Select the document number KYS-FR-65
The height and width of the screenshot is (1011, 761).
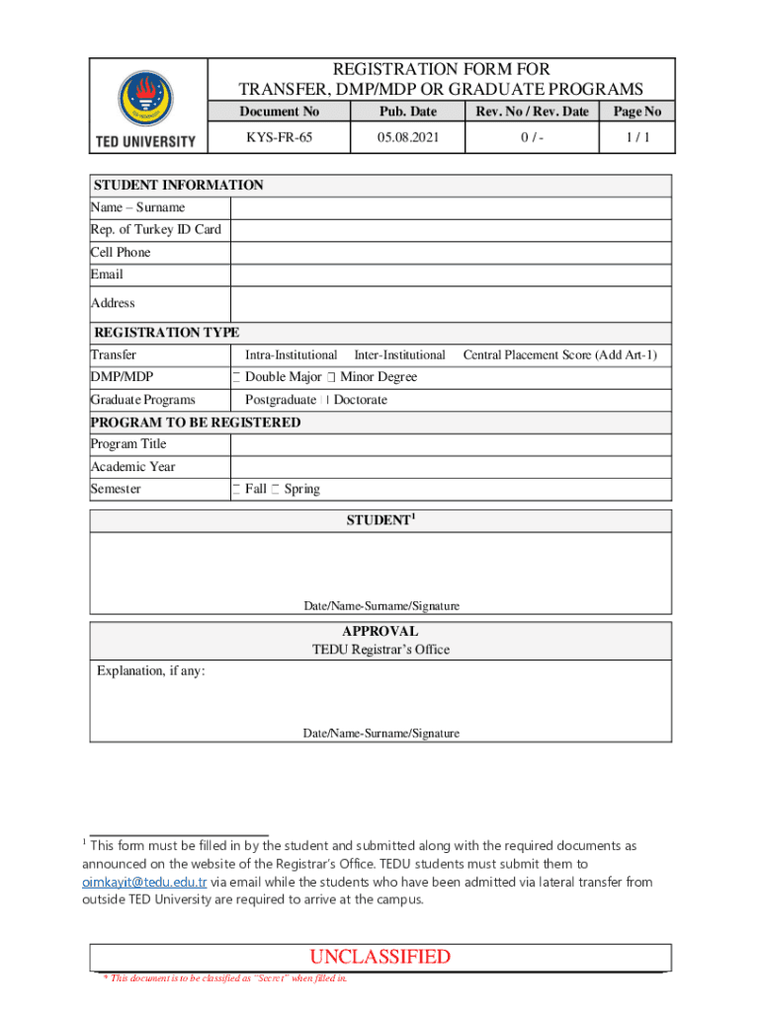tap(279, 138)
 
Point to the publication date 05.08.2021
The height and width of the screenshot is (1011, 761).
tap(407, 138)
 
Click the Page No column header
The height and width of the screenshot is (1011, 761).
tap(636, 112)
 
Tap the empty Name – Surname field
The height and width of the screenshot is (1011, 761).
tap(451, 207)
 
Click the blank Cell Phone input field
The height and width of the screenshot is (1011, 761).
tap(451, 253)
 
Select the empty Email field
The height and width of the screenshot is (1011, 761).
tap(451, 274)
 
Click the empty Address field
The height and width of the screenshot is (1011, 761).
tap(451, 303)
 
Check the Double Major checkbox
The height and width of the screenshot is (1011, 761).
tap(237, 377)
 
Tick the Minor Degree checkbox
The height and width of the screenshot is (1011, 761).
tap(332, 377)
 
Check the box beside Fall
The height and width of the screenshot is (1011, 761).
tap(237, 490)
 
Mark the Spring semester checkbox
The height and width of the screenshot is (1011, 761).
tap(276, 490)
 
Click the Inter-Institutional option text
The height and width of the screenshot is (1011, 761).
tap(399, 354)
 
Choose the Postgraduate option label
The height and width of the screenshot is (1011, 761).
tap(281, 400)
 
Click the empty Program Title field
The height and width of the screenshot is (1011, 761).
tap(451, 444)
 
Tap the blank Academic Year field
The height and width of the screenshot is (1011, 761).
tap(451, 467)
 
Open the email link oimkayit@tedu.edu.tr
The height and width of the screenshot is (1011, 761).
tap(143, 882)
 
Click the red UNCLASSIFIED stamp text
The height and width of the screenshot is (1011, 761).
tap(380, 957)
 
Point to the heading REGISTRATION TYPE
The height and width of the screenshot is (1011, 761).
tap(166, 333)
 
